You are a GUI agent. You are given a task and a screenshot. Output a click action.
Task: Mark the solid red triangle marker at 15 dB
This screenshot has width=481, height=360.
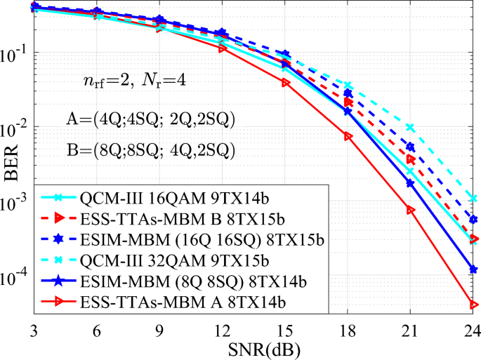(x=286, y=83)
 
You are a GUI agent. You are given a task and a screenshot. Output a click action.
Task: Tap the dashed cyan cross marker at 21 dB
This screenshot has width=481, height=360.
(x=410, y=128)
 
